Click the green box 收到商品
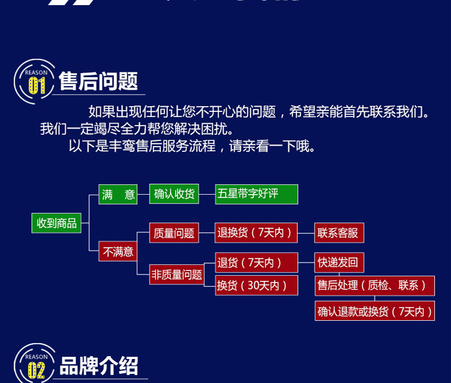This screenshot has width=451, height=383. pos(57,223)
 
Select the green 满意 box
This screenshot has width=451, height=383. pos(118,194)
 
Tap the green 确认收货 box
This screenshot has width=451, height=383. pos(174,194)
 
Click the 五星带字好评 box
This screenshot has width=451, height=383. pos(256,194)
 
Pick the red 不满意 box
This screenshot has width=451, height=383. pos(118,251)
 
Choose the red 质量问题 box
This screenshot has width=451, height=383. pos(174,233)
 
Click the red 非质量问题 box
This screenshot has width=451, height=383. pos(176,275)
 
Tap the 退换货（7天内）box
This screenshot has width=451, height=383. pos(256,232)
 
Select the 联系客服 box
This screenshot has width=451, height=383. pos(339,233)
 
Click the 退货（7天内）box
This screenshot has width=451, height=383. pos(256,263)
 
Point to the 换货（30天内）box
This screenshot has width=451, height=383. pos(256,285)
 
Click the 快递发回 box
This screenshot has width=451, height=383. pos(339,263)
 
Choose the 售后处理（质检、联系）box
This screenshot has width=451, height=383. pos(374,285)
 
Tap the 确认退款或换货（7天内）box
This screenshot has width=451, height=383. pos(374,311)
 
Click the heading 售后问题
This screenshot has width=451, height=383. pos(99,82)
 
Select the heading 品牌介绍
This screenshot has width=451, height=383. pos(99,365)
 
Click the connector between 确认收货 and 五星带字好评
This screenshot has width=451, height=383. pos(207,194)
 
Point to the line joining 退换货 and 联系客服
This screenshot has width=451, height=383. pos(306,233)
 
